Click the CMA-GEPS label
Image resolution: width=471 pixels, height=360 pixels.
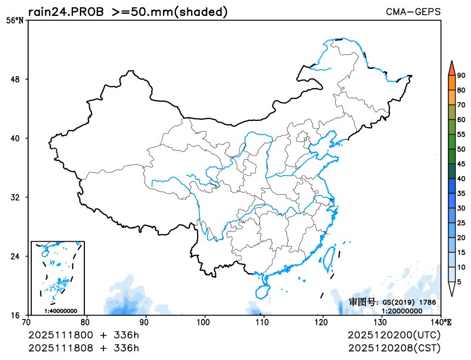pos(413,11)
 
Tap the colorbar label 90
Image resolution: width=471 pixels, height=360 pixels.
pos(461,76)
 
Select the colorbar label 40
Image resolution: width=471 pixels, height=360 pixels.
pos(461,178)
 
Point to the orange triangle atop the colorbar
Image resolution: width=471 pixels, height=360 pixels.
pos(451,68)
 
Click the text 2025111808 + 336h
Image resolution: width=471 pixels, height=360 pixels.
pos(83,348)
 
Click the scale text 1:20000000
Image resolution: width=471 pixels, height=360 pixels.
pos(401,310)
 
